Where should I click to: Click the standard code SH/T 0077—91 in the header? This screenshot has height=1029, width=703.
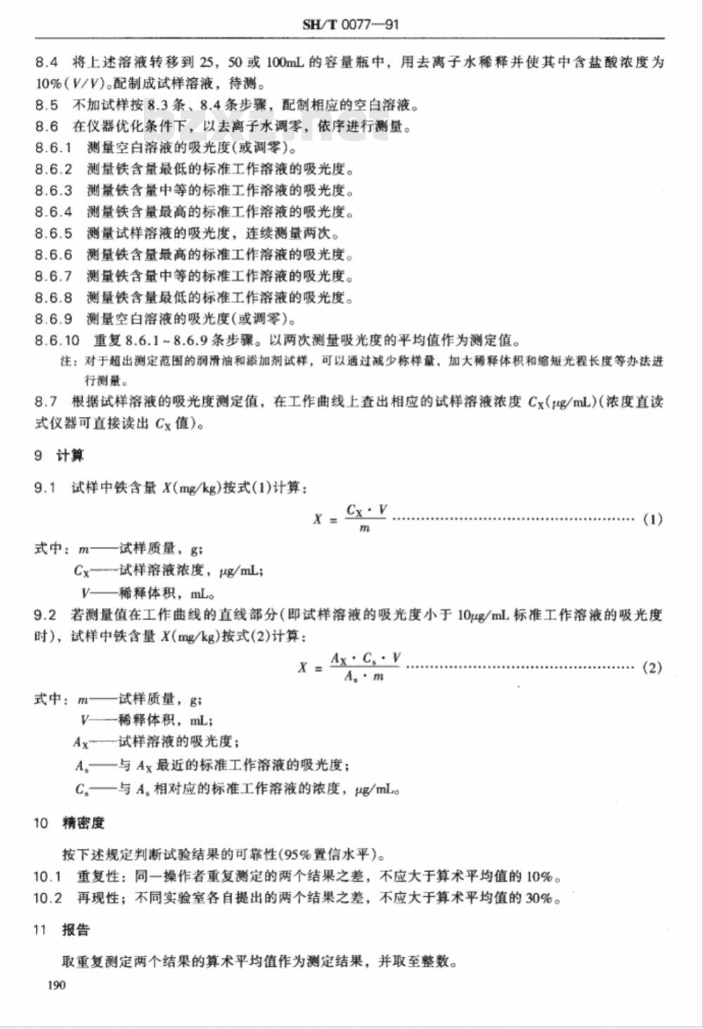[x=351, y=25]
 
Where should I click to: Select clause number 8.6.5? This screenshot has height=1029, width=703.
[x=53, y=233]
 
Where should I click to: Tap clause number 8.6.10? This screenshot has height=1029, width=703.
[x=57, y=341]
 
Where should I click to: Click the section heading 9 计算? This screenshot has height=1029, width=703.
[x=59, y=455]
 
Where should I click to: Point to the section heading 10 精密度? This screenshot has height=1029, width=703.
[x=68, y=823]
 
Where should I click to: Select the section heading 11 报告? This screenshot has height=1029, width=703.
[x=62, y=930]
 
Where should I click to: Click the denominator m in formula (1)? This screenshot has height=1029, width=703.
[x=364, y=529]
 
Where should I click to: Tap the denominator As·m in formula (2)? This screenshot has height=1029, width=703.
[x=364, y=677]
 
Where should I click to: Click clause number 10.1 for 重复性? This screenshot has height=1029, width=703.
[x=48, y=876]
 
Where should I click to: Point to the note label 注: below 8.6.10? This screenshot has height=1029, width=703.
[x=67, y=362]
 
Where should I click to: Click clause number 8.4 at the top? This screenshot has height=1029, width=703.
[x=46, y=63]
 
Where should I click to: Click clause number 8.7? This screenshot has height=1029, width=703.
[x=46, y=402]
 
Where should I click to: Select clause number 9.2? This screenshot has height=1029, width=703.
[x=45, y=615]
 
